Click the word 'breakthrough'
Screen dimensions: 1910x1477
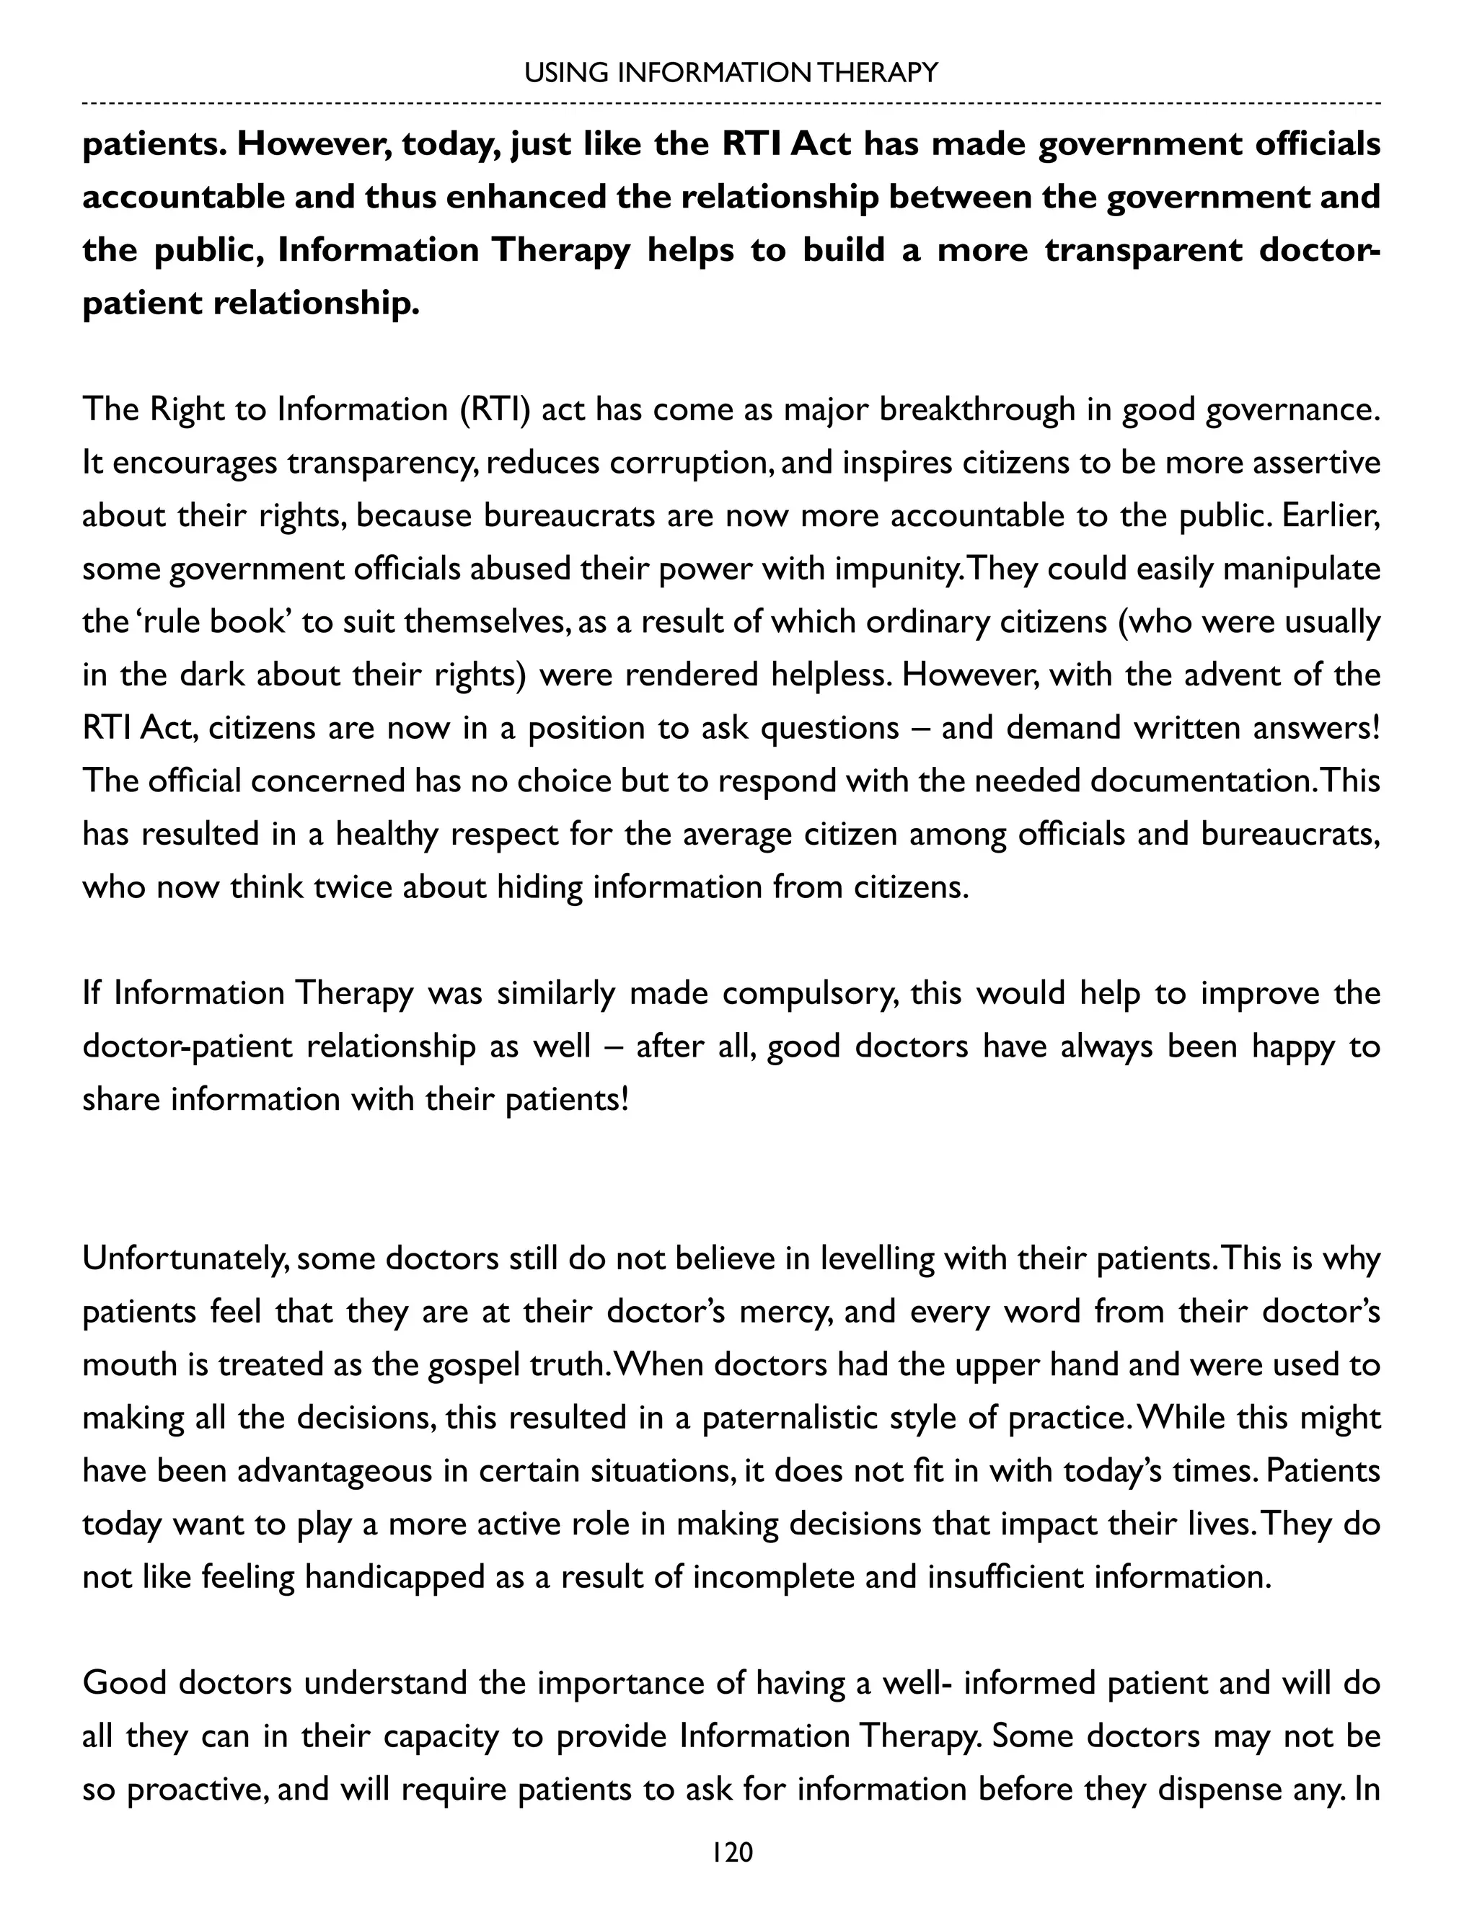pos(976,409)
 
